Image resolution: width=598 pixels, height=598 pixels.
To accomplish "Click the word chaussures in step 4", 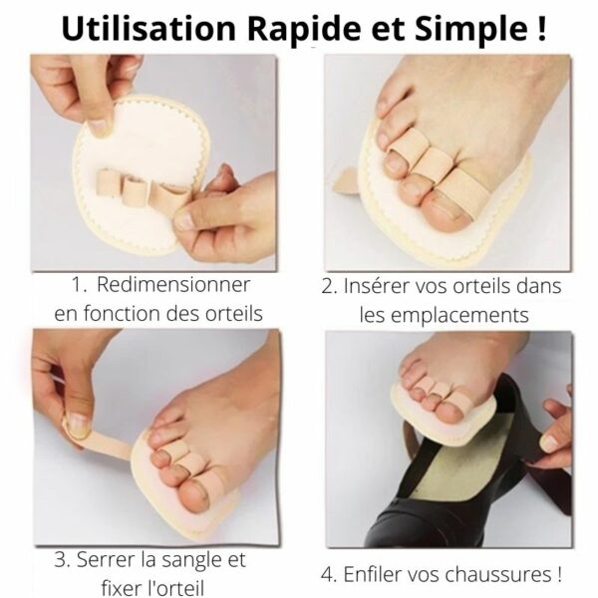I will pyautogui.click(x=498, y=575).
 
